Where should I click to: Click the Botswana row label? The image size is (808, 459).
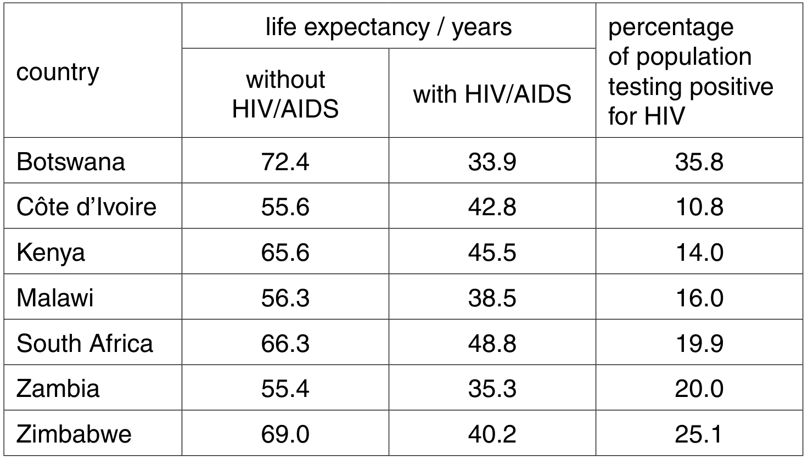[71, 161]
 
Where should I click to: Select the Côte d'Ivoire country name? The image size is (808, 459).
[87, 207]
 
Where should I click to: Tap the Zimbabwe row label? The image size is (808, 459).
[74, 434]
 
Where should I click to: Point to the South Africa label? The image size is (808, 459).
[85, 343]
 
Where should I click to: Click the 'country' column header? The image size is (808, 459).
[58, 72]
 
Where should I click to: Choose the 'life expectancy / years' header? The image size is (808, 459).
[389, 27]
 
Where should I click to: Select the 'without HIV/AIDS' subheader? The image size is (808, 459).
[285, 94]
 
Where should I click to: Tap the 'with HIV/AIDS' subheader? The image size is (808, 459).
[492, 94]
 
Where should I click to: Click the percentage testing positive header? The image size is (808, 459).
[691, 71]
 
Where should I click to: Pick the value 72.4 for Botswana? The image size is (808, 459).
[285, 161]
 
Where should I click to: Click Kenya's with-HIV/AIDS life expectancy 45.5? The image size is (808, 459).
[492, 252]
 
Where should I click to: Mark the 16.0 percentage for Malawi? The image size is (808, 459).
[699, 298]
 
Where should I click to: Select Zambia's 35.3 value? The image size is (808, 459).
[492, 389]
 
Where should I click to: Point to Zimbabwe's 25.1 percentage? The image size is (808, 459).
[699, 434]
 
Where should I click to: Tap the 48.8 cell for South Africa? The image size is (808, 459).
[492, 343]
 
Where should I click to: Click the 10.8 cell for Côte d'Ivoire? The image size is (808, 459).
[699, 207]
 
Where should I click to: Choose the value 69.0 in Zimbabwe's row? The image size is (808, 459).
[285, 434]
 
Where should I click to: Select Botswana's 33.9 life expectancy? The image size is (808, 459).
[492, 161]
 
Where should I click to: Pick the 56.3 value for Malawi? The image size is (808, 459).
[285, 298]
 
